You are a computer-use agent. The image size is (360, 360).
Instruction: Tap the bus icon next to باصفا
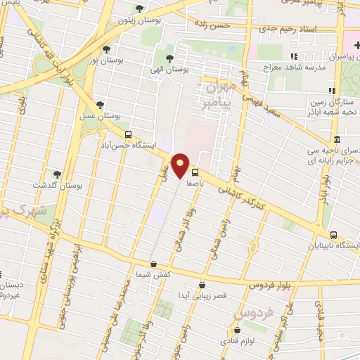[x=195, y=172]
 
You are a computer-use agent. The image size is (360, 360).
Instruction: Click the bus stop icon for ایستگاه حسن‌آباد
[x=127, y=134]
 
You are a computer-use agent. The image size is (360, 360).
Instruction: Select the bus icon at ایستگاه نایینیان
[x=333, y=235]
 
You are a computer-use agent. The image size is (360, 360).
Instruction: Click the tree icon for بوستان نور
[x=106, y=49]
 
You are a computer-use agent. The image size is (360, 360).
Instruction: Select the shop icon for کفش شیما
[x=153, y=264]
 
